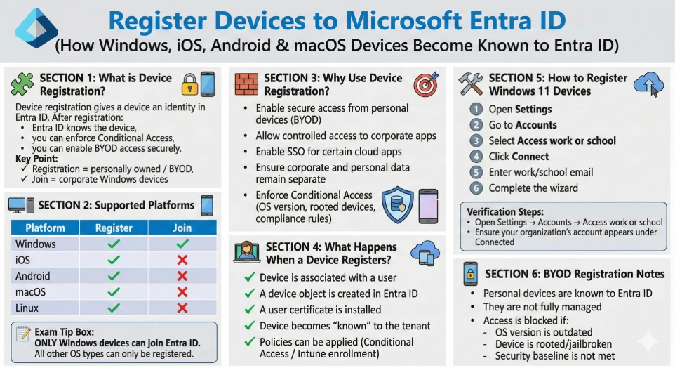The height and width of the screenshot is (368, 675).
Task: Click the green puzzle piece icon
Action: click(22, 84)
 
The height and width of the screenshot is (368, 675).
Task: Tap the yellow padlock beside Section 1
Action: click(189, 84)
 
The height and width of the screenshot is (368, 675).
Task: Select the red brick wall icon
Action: click(247, 84)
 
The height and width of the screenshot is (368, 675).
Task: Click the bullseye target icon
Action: click(426, 84)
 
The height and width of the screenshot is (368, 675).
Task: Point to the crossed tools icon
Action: click(471, 84)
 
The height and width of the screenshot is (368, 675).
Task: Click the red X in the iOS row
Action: click(182, 260)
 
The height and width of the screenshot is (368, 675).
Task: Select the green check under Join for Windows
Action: click(182, 244)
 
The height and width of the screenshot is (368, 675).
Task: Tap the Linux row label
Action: click(27, 308)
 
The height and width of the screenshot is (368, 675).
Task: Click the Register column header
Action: click(114, 228)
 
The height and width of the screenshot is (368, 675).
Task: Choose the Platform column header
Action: click(45, 228)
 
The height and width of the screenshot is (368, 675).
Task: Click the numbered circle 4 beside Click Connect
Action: click(476, 157)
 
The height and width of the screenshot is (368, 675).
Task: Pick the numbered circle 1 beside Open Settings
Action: click(476, 109)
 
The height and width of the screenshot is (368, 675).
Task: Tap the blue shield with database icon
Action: click(397, 204)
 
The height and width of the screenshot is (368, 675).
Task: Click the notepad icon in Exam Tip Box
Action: click(23, 334)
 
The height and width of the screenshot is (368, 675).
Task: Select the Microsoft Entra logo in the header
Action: click(36, 28)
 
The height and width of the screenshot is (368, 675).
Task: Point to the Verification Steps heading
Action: click(505, 211)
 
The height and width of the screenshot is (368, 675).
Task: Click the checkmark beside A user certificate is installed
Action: click(250, 310)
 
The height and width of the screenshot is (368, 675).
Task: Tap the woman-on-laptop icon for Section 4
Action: click(247, 252)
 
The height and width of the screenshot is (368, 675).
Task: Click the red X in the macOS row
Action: click(182, 292)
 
